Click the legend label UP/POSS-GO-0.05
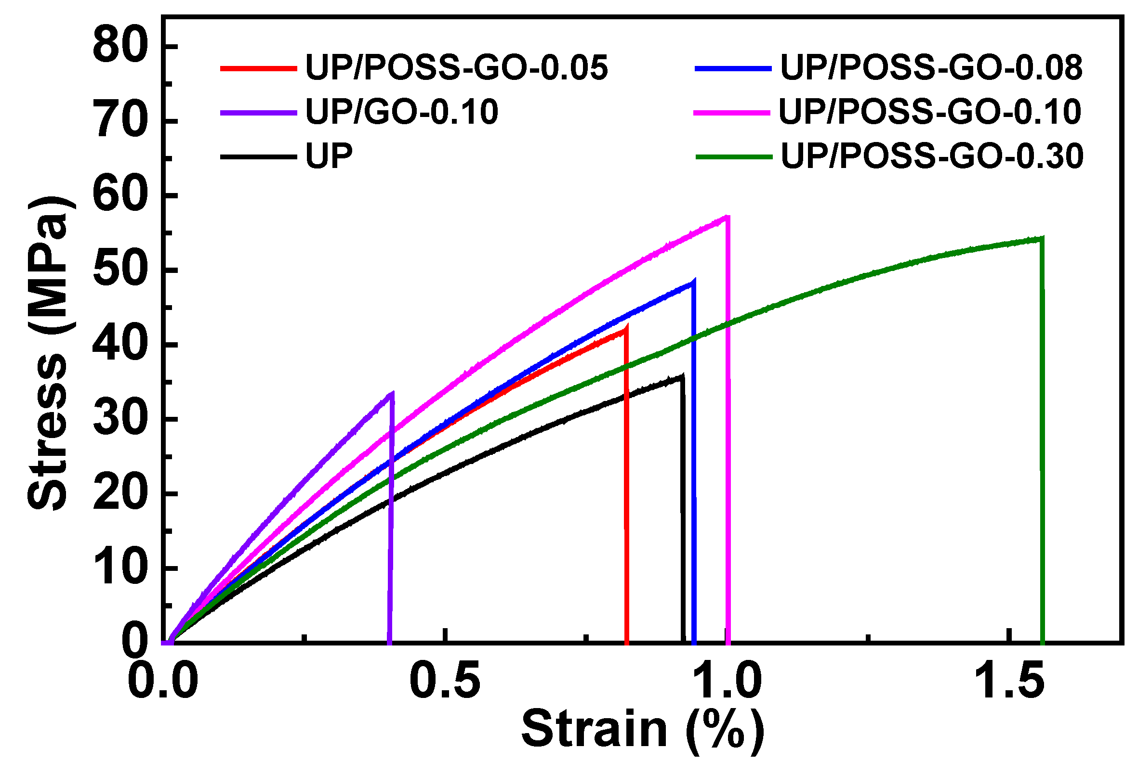pos(456,67)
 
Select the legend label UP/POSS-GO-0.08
pos(931,67)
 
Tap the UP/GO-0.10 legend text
pos(401,112)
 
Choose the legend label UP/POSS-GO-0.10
pos(930,112)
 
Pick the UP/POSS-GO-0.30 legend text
pos(932,156)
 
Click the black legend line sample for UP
pos(258,157)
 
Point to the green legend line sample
pos(733,157)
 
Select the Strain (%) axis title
pos(642,729)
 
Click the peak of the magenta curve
pos(727,217)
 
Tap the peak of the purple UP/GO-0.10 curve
pos(391,393)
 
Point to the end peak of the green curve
pos(1042,239)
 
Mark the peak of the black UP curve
pos(682,376)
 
